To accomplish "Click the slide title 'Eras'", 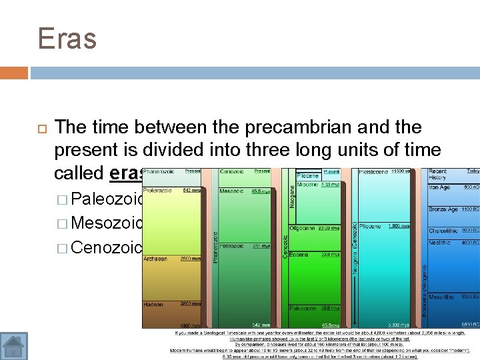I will (67, 38).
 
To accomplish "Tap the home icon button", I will (14, 345).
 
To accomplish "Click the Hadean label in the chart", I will (153, 305).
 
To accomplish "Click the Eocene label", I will (299, 254).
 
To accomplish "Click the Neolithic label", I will (440, 243).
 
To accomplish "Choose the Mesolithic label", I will (442, 297).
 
